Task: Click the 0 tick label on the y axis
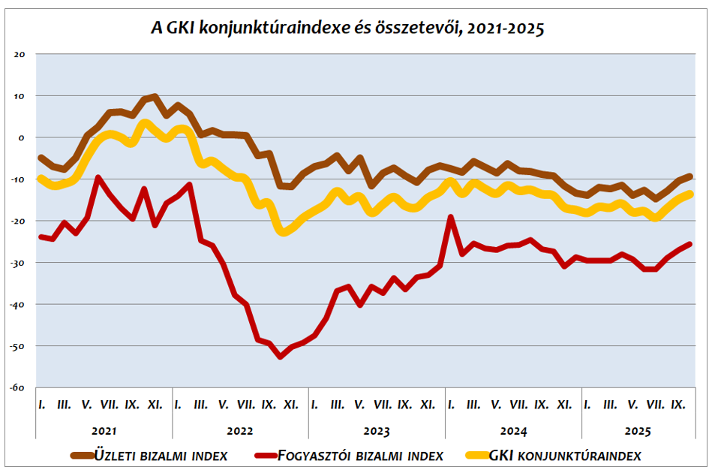click(23, 137)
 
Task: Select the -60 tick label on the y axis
click(19, 387)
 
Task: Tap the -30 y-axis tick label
click(19, 263)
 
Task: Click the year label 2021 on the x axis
click(104, 432)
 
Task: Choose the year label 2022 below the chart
click(240, 432)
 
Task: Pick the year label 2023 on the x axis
click(377, 432)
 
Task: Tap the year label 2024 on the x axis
click(513, 432)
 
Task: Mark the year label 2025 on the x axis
click(638, 432)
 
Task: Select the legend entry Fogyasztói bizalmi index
click(360, 455)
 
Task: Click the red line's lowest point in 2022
click(280, 357)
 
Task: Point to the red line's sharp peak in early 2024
click(451, 217)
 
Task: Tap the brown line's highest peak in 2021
click(155, 96)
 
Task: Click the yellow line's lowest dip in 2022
click(283, 232)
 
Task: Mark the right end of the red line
click(689, 244)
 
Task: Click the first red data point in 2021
click(41, 236)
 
